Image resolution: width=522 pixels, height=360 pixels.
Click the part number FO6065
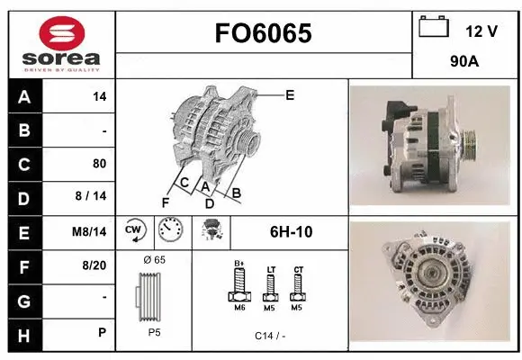pos(264,33)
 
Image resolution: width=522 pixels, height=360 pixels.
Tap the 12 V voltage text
pos(481,31)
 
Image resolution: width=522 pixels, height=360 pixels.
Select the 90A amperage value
pos(463,64)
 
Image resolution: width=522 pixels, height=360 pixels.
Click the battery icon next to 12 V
pos(434,28)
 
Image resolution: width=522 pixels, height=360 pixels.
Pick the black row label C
pos(24,164)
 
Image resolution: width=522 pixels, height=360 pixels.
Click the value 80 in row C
pos(99,164)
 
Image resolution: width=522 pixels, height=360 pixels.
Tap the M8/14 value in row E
pos(90,231)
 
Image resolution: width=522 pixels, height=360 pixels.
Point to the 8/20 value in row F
pos(94,265)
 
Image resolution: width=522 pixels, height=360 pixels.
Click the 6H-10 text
pos(291,231)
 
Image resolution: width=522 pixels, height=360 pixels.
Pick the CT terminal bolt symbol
pos(298,285)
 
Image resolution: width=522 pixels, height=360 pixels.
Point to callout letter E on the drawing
pos(289,94)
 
